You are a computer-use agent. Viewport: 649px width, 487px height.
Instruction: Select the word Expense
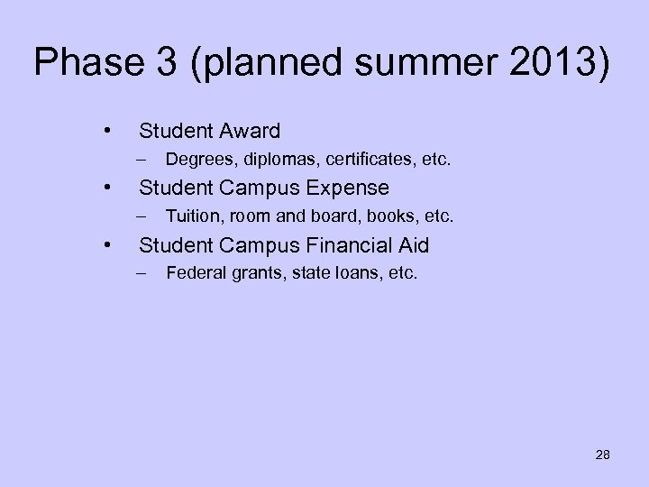[347, 188]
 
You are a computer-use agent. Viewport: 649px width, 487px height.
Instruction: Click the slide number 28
[602, 455]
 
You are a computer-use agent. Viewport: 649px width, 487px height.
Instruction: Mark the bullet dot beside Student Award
[107, 132]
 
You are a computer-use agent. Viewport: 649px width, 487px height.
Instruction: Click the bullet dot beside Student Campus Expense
[107, 188]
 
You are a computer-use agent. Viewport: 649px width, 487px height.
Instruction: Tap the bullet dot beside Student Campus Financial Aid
[107, 243]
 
